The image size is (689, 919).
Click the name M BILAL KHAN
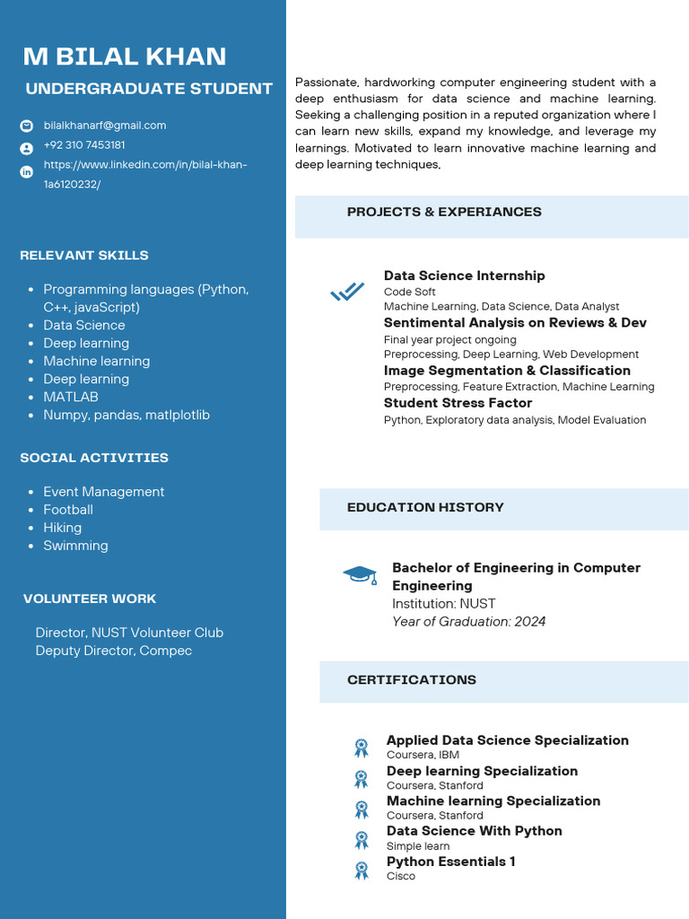pos(125,57)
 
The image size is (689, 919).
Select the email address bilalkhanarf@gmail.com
pos(105,126)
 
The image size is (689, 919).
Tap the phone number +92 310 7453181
pos(84,145)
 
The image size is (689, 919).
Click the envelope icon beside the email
pos(27,126)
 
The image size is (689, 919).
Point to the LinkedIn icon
pos(27,171)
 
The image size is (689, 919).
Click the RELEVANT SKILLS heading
pos(84,256)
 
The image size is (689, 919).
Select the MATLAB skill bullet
pos(71,397)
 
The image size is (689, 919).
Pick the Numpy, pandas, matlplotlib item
pos(126,415)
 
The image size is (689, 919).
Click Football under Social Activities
pos(68,510)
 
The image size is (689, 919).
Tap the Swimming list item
pos(75,546)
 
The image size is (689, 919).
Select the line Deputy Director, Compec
pos(113,651)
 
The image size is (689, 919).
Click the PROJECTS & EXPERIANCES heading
pos(444,212)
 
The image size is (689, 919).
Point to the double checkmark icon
pos(347,292)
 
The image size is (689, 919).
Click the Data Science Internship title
pos(464,276)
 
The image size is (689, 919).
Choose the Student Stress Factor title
pos(458,403)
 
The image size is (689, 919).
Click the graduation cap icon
pos(361,574)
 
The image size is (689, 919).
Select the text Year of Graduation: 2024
pos(468,621)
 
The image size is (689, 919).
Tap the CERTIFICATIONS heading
pos(412,679)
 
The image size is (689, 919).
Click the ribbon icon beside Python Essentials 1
pos(362,869)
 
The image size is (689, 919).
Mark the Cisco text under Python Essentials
pos(400,876)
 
